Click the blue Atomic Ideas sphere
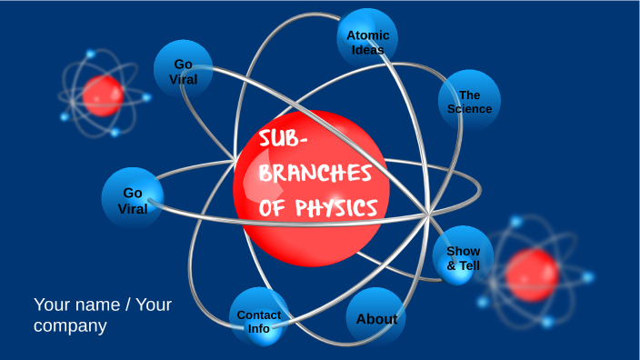coord(367,38)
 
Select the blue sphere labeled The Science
coord(469,100)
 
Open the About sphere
coord(375,318)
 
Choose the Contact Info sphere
coord(259,319)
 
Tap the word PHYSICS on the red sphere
coord(335,209)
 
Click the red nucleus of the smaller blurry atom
coord(102,95)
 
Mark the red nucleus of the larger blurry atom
coord(531,275)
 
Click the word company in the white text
coord(70,325)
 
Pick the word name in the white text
coord(100,305)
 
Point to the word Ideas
coord(368,50)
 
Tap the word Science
coord(469,109)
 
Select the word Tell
coord(470,265)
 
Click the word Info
coord(259,328)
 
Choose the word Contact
coord(259,315)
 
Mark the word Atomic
coord(368,35)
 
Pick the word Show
coord(463,251)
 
